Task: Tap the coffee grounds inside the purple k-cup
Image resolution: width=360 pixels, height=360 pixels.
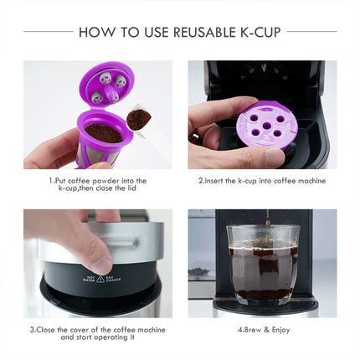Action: [x=104, y=132]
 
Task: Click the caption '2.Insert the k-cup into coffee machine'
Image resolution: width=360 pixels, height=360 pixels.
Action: [x=261, y=180]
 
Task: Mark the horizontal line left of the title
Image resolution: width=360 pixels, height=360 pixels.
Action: [x=49, y=32]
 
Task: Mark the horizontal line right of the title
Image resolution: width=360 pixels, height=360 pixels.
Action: [x=311, y=32]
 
